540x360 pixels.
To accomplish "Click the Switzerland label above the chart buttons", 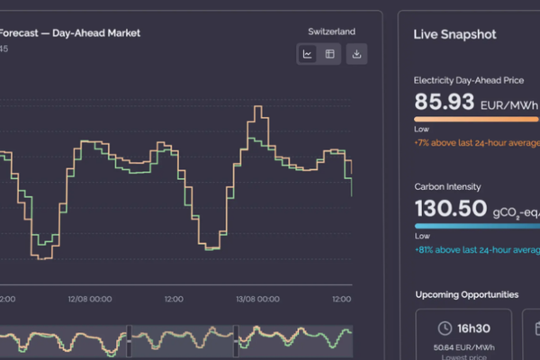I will pyautogui.click(x=331, y=31).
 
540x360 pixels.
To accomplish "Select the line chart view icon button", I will pyautogui.click(x=308, y=54).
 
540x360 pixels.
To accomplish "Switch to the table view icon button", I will pyautogui.click(x=330, y=54).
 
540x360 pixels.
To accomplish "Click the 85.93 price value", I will pyautogui.click(x=444, y=102).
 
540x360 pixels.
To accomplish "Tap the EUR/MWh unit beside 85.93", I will pyautogui.click(x=510, y=105).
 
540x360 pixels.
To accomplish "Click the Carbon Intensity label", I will pyautogui.click(x=447, y=186).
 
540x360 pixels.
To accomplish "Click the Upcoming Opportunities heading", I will pyautogui.click(x=466, y=294).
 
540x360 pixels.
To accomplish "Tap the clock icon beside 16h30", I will pyautogui.click(x=444, y=328).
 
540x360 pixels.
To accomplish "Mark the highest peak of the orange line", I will pyautogui.click(x=259, y=107).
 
